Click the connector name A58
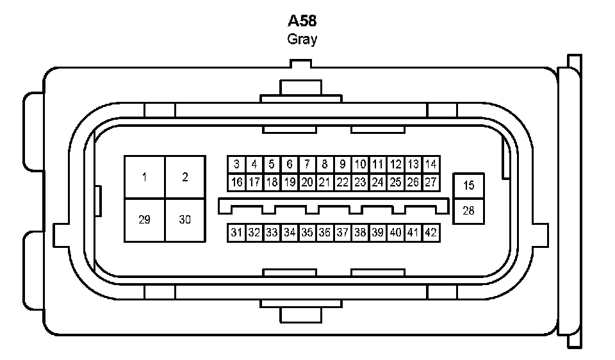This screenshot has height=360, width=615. pyautogui.click(x=302, y=20)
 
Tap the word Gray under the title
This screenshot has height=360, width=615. pyautogui.click(x=302, y=39)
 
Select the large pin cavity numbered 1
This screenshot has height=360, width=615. pyautogui.click(x=145, y=177)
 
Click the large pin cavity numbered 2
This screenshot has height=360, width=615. pyautogui.click(x=185, y=177)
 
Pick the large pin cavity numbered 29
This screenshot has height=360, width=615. pyautogui.click(x=145, y=220)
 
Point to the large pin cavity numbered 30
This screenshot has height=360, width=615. pyautogui.click(x=185, y=220)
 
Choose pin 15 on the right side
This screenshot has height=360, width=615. pyautogui.click(x=469, y=186)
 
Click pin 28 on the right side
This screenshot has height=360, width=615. pyautogui.click(x=469, y=210)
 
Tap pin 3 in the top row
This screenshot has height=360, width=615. pyautogui.click(x=236, y=165)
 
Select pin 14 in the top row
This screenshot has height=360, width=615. pyautogui.click(x=430, y=165)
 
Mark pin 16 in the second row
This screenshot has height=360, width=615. pyautogui.click(x=236, y=183)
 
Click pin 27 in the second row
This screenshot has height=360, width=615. pyautogui.click(x=430, y=183)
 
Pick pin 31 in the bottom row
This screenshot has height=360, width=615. pyautogui.click(x=236, y=233)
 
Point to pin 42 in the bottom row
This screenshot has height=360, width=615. pyautogui.click(x=430, y=233)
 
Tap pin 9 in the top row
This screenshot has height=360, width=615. pyautogui.click(x=342, y=165)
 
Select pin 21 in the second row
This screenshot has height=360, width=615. pyautogui.click(x=325, y=183)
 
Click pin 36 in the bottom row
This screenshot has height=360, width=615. pyautogui.click(x=325, y=233)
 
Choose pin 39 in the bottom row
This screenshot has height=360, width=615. pyautogui.click(x=377, y=233)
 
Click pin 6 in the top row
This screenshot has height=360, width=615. pyautogui.click(x=290, y=165)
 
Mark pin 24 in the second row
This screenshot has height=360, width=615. pyautogui.click(x=377, y=183)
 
